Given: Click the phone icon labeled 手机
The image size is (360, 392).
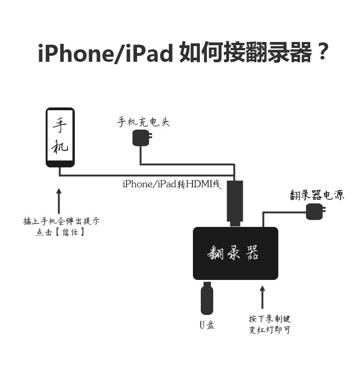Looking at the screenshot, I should (60, 137).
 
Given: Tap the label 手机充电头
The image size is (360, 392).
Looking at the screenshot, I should (143, 122).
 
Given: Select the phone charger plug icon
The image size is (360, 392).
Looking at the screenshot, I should (141, 138).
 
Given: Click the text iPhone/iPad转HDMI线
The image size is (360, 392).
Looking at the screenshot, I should (172, 184).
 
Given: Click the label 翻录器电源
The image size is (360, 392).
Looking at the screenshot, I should (317, 195).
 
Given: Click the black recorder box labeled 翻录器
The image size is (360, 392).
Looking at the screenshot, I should (235, 253).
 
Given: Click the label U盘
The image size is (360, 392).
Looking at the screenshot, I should (207, 325).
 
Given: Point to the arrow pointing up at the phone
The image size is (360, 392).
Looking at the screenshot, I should (58, 201).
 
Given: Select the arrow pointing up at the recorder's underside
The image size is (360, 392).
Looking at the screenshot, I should (263, 297).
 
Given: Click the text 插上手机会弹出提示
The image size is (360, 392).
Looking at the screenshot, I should (61, 221).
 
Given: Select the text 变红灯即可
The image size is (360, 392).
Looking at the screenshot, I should (270, 330).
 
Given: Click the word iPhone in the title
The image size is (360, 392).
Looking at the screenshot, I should (73, 54).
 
